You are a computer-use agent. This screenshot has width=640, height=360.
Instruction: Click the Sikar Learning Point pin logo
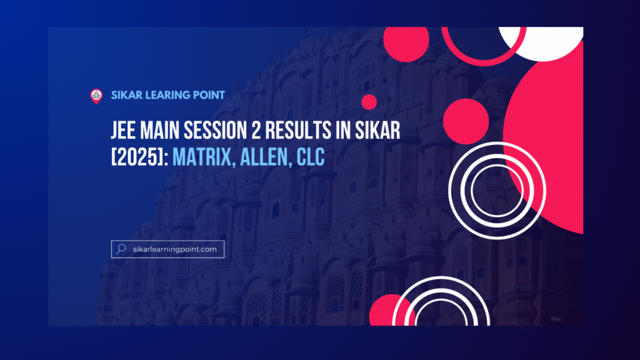tap(96, 96)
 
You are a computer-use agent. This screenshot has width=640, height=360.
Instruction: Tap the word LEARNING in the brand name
tap(169, 95)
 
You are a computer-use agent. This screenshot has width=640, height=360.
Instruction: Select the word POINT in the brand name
tap(209, 95)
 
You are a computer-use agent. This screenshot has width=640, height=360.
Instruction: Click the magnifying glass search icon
tap(120, 249)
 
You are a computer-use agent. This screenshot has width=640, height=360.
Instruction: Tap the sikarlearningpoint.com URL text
tap(175, 249)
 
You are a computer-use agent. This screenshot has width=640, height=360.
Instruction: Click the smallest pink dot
tap(369, 102)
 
